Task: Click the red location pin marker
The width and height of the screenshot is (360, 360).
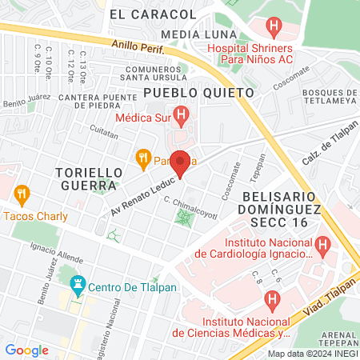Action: click(181, 162)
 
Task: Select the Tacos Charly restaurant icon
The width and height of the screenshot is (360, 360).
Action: click(22, 194)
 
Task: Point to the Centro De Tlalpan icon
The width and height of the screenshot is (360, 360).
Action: click(78, 284)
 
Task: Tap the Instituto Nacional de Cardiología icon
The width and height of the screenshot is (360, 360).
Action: click(322, 243)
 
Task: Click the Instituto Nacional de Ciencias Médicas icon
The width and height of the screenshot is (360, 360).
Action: click(272, 301)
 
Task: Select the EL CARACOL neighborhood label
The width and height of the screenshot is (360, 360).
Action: click(142, 14)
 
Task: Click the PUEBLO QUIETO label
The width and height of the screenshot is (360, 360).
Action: click(198, 93)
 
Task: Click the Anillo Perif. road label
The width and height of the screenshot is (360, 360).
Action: click(138, 48)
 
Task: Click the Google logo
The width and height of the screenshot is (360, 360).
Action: click(26, 350)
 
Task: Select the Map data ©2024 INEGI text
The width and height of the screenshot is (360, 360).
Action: click(312, 354)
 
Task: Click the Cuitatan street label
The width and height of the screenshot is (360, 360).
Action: click(104, 130)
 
